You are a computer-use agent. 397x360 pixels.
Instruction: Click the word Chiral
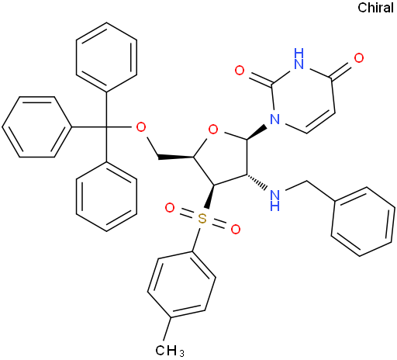375,8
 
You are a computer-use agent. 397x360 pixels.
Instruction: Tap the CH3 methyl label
170,351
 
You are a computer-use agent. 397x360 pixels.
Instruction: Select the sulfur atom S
202,219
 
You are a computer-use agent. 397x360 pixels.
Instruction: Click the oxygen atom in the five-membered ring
213,130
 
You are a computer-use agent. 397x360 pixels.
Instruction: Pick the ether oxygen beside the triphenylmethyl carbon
141,127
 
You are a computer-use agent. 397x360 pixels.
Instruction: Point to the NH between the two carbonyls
299,59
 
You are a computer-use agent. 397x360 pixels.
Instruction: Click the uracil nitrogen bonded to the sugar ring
274,119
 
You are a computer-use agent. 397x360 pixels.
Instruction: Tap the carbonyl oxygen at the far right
359,58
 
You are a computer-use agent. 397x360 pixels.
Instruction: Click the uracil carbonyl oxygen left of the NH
240,70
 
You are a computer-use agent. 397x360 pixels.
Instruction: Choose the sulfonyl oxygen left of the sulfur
170,208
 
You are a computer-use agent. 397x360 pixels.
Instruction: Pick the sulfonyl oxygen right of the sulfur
236,230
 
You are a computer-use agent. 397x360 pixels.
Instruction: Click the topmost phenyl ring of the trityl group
106,57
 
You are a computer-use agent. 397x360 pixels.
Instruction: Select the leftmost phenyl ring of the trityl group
36,127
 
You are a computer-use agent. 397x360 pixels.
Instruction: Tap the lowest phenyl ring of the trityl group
106,197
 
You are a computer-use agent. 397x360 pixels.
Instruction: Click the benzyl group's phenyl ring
363,221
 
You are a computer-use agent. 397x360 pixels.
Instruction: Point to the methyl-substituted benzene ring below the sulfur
181,285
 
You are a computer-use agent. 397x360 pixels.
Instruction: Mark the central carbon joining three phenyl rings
106,127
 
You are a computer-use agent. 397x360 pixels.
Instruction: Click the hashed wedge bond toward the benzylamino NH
257,182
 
